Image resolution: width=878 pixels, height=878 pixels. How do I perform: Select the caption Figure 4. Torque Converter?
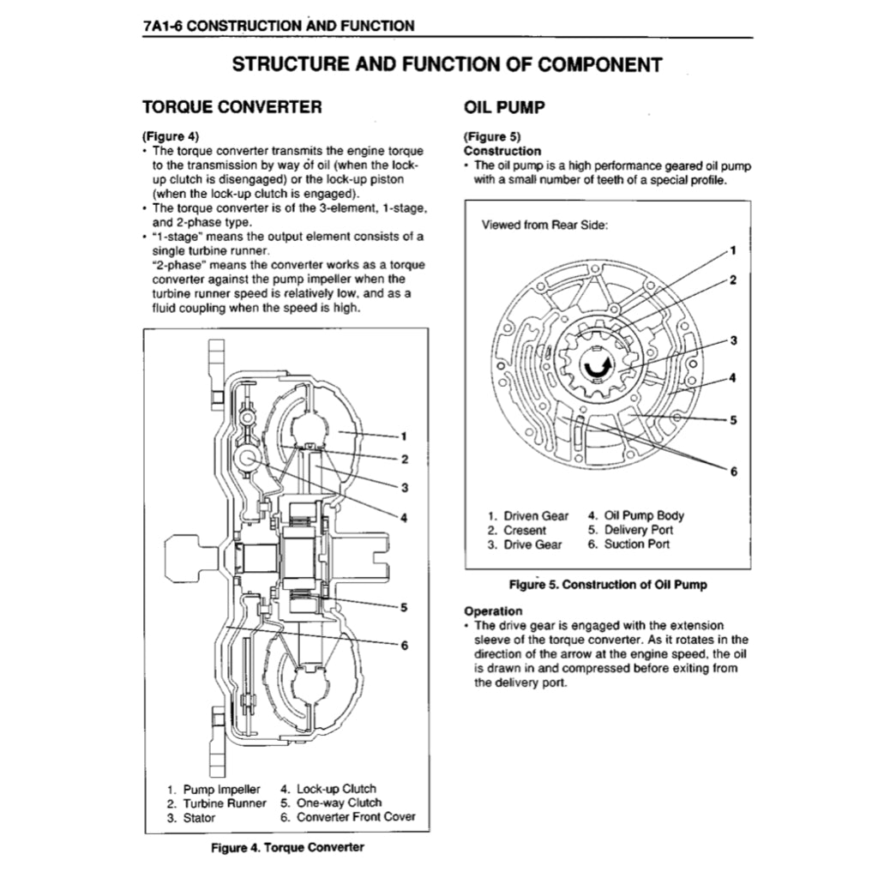pyautogui.click(x=287, y=847)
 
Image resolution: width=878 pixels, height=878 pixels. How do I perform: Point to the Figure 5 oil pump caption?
pyautogui.click(x=608, y=585)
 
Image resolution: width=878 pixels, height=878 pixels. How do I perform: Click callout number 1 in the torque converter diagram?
pyautogui.click(x=403, y=434)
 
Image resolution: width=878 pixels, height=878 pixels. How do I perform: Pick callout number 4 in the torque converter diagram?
pyautogui.click(x=403, y=516)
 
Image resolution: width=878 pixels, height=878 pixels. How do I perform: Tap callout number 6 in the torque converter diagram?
pyautogui.click(x=403, y=645)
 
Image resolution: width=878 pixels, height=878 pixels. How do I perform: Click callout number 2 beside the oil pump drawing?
pyautogui.click(x=733, y=280)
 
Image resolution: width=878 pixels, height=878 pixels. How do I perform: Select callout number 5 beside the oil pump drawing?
pyautogui.click(x=733, y=419)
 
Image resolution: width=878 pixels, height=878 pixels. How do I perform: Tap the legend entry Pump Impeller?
pyautogui.click(x=213, y=789)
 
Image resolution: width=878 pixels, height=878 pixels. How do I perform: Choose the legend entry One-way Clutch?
pyautogui.click(x=331, y=803)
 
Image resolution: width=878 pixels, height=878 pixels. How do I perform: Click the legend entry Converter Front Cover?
pyautogui.click(x=347, y=817)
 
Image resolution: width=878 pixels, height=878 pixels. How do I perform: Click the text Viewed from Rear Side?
pyautogui.click(x=544, y=225)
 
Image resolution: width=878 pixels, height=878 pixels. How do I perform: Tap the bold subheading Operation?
pyautogui.click(x=492, y=611)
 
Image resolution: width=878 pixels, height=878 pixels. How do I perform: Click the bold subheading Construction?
pyautogui.click(x=502, y=151)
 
